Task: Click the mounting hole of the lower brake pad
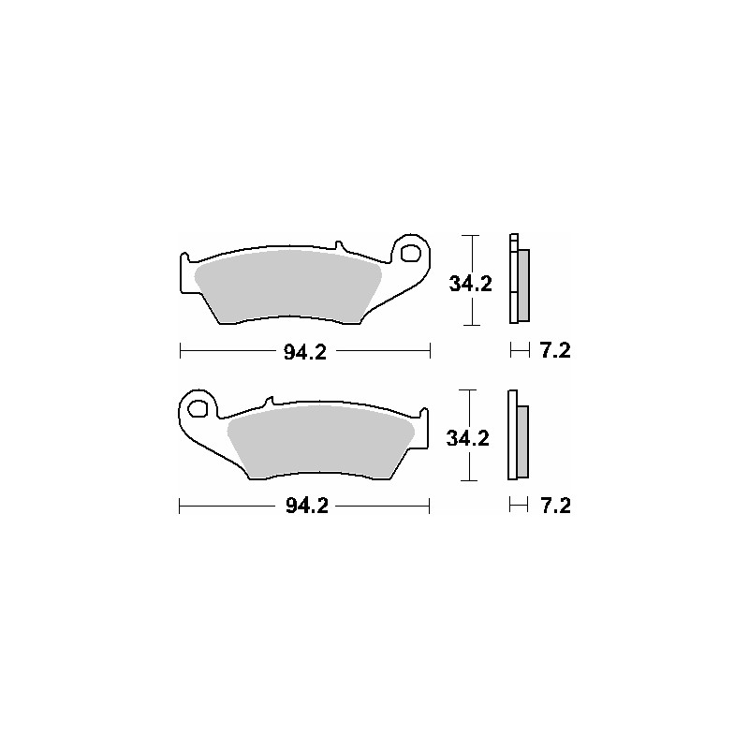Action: (x=198, y=407)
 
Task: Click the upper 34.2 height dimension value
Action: (x=470, y=283)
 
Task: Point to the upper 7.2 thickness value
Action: (x=555, y=351)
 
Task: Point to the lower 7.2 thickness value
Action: (x=555, y=507)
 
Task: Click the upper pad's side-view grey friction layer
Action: (x=523, y=284)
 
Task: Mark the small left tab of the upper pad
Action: (x=184, y=257)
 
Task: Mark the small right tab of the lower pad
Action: (x=424, y=413)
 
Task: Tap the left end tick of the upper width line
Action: (x=179, y=351)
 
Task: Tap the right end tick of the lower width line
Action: (x=429, y=507)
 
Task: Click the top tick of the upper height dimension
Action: (x=473, y=235)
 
